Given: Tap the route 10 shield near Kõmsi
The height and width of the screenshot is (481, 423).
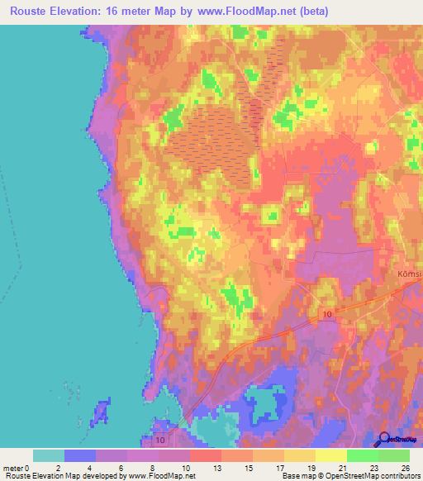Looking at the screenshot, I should click(327, 314).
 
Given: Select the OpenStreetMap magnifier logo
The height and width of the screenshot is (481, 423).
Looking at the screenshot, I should click(385, 439).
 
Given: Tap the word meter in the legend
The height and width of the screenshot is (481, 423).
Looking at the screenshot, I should click(14, 467).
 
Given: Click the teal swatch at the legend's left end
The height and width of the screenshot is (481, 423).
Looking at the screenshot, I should click(49, 455).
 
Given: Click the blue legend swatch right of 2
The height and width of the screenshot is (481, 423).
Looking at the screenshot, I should click(80, 455).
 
